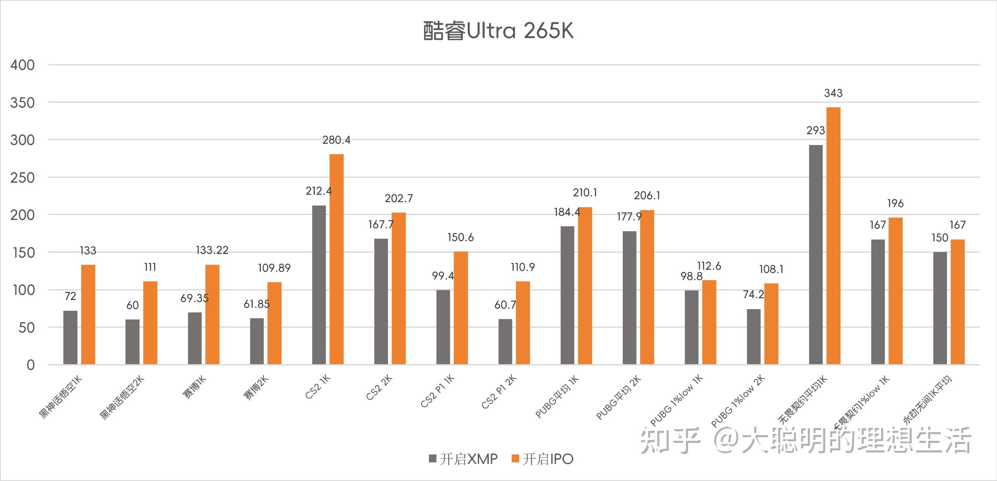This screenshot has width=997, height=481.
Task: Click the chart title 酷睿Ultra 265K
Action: (498, 31)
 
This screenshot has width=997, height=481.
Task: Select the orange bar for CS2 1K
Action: (337, 259)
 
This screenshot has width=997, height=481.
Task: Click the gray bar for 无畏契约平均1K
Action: (816, 255)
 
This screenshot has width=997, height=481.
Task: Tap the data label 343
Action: (833, 93)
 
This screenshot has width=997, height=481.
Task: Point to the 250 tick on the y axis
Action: (22, 178)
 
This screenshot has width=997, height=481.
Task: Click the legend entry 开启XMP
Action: (464, 459)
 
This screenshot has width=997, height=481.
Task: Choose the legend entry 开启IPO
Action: (543, 459)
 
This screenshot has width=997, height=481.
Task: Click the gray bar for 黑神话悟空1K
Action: (70, 338)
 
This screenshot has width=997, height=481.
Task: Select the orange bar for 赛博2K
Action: (275, 323)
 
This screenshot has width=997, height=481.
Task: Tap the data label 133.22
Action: (212, 250)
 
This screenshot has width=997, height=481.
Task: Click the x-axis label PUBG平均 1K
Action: (557, 397)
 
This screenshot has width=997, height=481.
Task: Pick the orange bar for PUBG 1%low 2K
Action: (771, 324)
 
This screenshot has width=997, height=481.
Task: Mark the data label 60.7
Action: (505, 305)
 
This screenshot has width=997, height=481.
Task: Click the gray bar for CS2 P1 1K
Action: (443, 327)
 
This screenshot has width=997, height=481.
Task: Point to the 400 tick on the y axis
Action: (22, 65)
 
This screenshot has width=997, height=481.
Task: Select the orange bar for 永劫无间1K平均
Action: (958, 302)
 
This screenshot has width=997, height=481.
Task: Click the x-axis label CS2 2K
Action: (379, 387)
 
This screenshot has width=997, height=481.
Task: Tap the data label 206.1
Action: (647, 196)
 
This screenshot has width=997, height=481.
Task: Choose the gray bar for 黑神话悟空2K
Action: (132, 342)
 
